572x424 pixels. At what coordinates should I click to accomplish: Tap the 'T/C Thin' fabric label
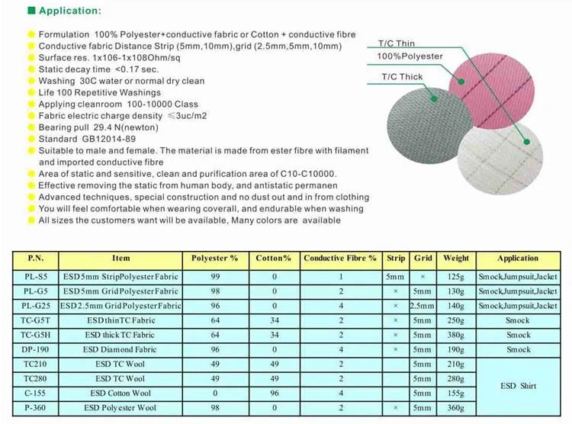[397, 43]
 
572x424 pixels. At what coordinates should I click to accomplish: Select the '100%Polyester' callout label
[410, 57]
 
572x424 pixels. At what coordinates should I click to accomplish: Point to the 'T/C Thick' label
[402, 77]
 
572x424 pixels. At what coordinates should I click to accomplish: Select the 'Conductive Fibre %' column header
[340, 259]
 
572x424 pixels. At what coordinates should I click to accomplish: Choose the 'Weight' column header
[456, 259]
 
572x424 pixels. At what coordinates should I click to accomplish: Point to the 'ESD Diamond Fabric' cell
[121, 349]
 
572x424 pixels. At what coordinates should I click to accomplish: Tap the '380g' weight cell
[456, 335]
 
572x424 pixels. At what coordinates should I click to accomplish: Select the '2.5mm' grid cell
[423, 306]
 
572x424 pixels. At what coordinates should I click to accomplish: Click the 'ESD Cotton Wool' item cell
[121, 393]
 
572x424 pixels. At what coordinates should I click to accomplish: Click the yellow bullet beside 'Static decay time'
[31, 69]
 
